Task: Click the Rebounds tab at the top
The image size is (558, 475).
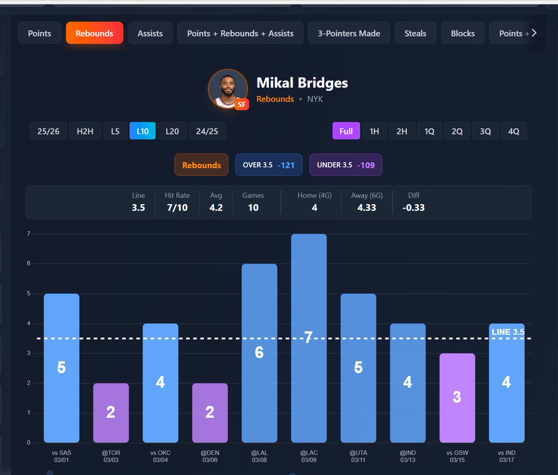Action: click(94, 33)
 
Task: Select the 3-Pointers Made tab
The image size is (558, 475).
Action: click(349, 33)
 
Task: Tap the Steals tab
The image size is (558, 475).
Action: click(415, 33)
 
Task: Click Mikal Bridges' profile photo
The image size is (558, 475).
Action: click(227, 89)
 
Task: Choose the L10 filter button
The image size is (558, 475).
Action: click(142, 132)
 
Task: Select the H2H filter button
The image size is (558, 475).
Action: click(85, 132)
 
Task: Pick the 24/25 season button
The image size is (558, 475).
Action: click(207, 132)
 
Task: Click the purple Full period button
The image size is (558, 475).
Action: click(346, 132)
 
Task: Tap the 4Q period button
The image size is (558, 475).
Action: click(513, 132)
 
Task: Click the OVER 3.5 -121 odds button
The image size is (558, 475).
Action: click(268, 165)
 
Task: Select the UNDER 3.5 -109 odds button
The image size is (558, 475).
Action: click(345, 165)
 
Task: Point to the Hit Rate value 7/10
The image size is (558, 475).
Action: click(177, 208)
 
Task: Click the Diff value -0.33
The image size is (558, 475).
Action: click(413, 208)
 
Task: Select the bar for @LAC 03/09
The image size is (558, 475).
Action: click(309, 338)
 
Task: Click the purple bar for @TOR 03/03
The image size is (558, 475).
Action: click(111, 413)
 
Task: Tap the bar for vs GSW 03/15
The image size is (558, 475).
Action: click(457, 398)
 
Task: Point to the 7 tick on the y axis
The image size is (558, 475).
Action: click(29, 234)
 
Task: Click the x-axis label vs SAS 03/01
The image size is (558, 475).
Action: click(61, 456)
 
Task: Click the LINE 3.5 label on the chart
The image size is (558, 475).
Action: click(508, 332)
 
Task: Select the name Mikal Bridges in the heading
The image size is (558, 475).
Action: click(302, 83)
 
